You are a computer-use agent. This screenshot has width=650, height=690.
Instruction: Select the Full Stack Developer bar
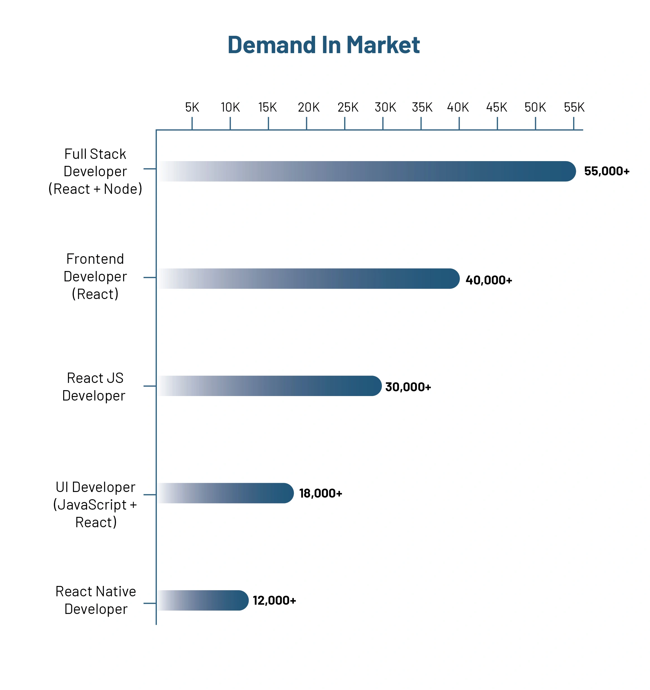(x=366, y=171)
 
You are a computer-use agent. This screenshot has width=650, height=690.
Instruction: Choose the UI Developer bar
(x=225, y=493)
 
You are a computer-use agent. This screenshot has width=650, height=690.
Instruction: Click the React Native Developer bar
(x=203, y=600)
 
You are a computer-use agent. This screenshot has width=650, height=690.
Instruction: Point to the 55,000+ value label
(x=606, y=171)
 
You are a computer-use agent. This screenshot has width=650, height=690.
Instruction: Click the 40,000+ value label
(x=488, y=280)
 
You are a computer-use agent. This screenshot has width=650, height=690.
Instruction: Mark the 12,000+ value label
(x=274, y=600)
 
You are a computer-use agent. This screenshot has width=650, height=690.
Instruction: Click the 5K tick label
(x=192, y=107)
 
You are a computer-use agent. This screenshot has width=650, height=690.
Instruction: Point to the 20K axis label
(x=308, y=107)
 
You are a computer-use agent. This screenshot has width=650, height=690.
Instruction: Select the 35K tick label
(x=422, y=107)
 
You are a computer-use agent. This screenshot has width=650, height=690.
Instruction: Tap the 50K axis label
(x=535, y=107)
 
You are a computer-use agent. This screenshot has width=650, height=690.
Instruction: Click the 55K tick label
(x=574, y=107)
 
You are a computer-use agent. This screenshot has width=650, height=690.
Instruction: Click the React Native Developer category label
(x=95, y=600)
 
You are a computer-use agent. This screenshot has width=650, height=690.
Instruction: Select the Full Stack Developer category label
(x=95, y=171)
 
